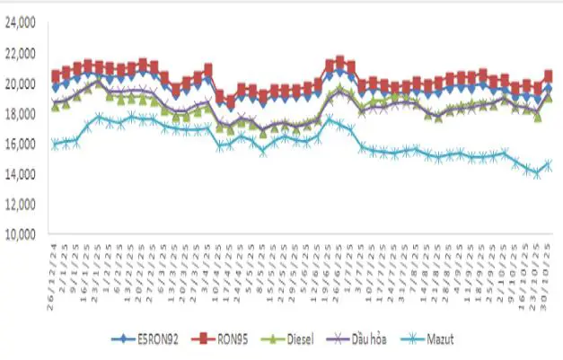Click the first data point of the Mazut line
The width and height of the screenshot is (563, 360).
pos(56,144)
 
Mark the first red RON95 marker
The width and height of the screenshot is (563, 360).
pos(56,75)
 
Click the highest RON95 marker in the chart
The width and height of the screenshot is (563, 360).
pos(339,60)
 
